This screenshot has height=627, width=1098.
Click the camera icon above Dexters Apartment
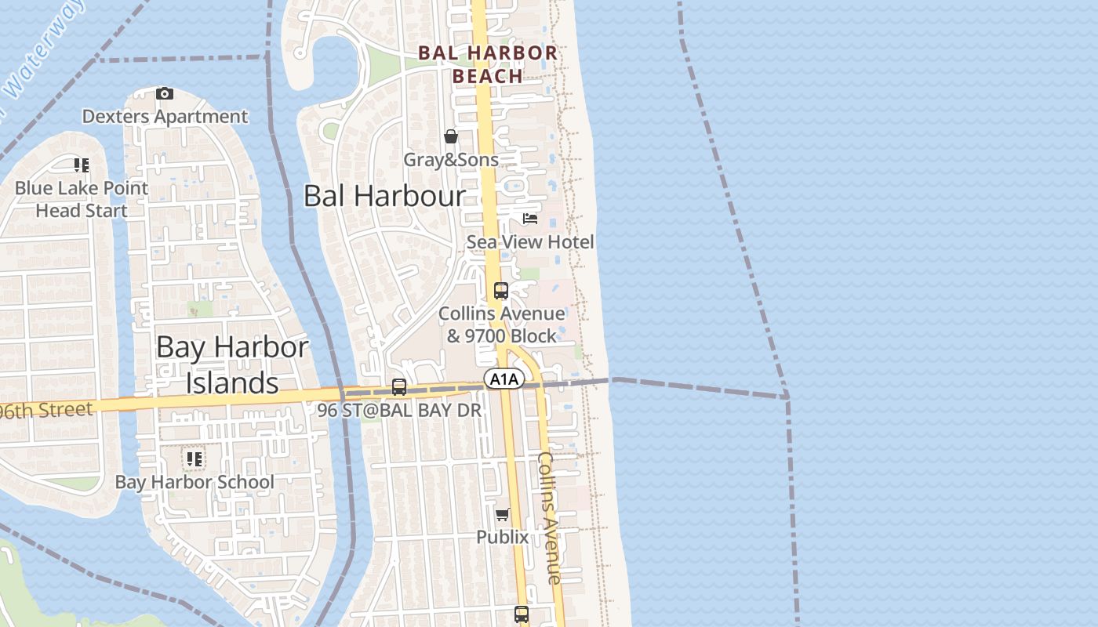click(x=164, y=94)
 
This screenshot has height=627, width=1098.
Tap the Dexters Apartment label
click(x=165, y=117)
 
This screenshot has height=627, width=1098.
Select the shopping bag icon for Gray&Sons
click(x=451, y=137)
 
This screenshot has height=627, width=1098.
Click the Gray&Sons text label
click(x=451, y=160)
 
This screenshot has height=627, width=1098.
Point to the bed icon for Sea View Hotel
click(x=530, y=219)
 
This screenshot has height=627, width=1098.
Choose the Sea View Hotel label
click(x=530, y=242)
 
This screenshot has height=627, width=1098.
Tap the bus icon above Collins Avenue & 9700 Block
click(x=501, y=291)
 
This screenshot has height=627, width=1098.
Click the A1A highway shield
click(x=504, y=379)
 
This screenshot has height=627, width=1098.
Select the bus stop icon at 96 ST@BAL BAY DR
click(x=399, y=387)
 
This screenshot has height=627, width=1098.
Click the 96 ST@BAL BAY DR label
click(x=399, y=410)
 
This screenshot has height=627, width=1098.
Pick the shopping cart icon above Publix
click(x=503, y=515)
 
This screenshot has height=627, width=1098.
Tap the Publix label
click(x=503, y=537)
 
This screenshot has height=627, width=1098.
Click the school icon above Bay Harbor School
click(x=194, y=459)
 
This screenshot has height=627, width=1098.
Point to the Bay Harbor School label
click(x=195, y=482)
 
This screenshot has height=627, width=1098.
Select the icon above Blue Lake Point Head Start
click(x=82, y=165)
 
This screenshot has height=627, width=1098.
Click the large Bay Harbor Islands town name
click(x=232, y=364)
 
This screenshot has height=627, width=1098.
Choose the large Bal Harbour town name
click(x=384, y=196)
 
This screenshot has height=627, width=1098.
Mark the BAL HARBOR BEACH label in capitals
click(x=488, y=64)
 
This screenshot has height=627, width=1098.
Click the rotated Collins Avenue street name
click(x=550, y=517)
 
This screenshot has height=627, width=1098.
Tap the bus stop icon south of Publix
click(x=522, y=614)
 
